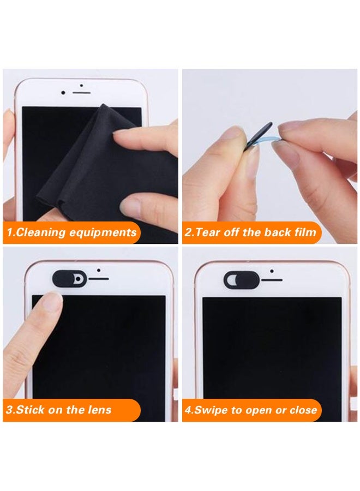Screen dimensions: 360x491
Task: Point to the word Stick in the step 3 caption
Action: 30,410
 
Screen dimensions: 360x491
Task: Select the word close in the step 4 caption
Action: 303,410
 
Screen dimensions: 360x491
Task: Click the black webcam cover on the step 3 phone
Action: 69,278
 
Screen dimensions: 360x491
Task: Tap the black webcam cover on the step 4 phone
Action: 241,280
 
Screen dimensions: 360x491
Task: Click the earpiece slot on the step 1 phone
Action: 81,93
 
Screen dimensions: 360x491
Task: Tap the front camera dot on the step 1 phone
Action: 63,93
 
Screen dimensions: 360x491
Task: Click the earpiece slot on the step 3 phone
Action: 99,278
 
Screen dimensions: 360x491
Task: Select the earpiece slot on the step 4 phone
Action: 272,280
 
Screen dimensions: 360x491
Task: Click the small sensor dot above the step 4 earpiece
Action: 272,271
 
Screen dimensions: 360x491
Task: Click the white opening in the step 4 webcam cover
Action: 231,280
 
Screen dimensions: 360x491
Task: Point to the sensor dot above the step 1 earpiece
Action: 81,85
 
